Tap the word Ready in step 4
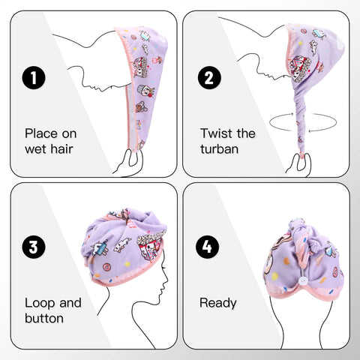point(218,304)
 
